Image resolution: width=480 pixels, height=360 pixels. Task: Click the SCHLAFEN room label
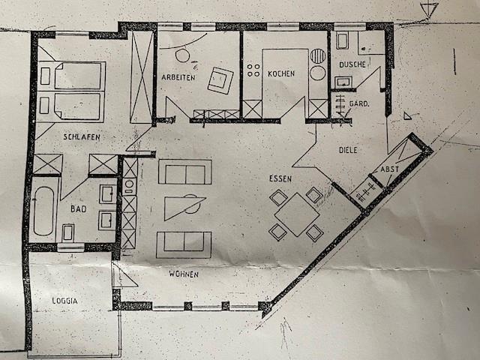click(x=82, y=136)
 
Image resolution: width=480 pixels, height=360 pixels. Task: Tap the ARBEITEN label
click(x=178, y=78)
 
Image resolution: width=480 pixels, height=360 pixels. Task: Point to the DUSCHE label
click(x=352, y=65)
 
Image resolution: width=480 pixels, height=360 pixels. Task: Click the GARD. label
click(x=360, y=103)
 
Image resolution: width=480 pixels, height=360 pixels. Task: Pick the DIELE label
click(x=348, y=149)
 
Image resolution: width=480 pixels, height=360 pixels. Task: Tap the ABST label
click(x=390, y=169)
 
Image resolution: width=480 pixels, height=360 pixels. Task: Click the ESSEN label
click(x=282, y=180)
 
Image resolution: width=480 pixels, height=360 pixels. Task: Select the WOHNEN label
click(x=184, y=274)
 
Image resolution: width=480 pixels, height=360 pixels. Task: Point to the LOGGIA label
click(x=64, y=300)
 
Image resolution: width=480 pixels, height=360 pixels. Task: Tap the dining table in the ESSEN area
click(x=296, y=214)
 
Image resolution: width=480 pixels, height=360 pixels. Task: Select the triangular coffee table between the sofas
click(x=182, y=206)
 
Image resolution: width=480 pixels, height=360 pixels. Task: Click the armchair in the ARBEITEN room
click(x=221, y=79)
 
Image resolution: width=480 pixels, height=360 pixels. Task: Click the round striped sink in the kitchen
click(x=318, y=55)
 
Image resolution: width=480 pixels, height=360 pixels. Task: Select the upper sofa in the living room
click(x=184, y=172)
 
